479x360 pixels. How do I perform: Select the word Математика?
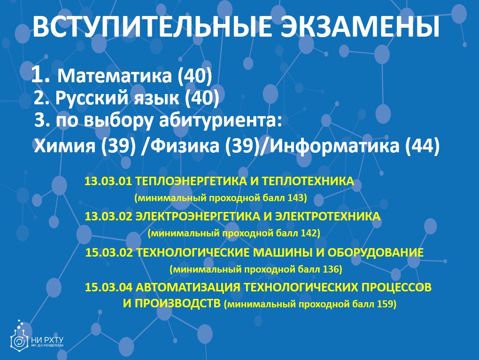pos(115,76)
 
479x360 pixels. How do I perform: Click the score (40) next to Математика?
pos(195,76)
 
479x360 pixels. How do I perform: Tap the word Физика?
pos(185,146)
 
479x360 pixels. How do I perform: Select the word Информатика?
pos(335,146)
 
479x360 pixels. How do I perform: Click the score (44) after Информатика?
pos(423,146)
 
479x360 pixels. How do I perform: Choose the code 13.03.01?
pos(108,181)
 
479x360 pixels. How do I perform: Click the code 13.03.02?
pos(108,216)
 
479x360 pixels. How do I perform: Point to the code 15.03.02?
pos(109,252)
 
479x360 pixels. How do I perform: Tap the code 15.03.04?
pos(108,287)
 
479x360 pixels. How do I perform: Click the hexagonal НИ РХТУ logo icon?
pos(19,339)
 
